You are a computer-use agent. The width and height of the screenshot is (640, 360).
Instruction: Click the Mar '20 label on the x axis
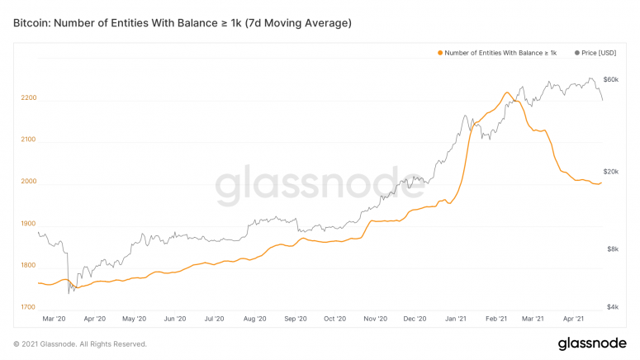click(55, 318)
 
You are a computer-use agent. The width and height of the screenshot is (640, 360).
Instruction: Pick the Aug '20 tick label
click(254, 318)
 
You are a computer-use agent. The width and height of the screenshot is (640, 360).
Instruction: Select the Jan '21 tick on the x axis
click(457, 318)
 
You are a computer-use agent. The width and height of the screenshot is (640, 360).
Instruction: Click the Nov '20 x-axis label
click(376, 318)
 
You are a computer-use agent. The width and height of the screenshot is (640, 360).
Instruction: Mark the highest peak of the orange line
click(505, 92)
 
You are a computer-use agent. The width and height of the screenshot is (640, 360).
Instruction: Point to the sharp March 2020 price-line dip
click(69, 291)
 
